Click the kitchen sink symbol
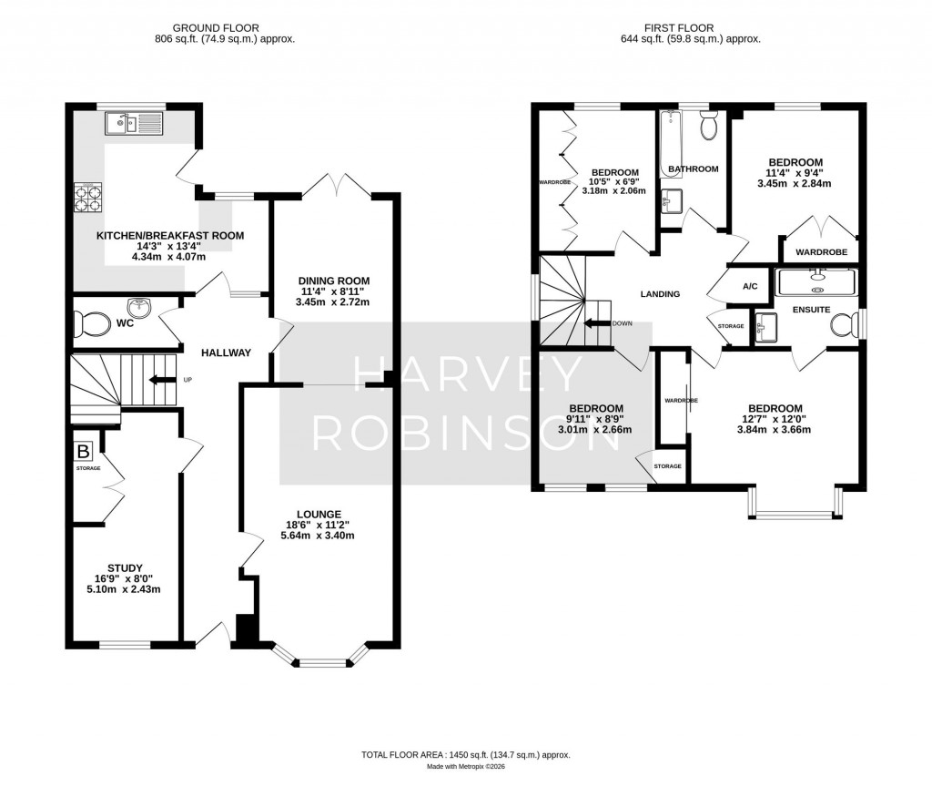[x=133, y=123]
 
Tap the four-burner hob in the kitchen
[x=87, y=198]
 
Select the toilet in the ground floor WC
[x=94, y=322]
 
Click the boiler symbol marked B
[x=84, y=451]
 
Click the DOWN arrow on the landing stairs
[x=597, y=322]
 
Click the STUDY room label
[x=126, y=567]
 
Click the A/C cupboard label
[x=750, y=286]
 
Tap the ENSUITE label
[x=811, y=310]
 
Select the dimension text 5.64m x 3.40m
[x=318, y=536]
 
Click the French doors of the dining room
[x=337, y=186]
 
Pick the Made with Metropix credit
[x=465, y=767]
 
